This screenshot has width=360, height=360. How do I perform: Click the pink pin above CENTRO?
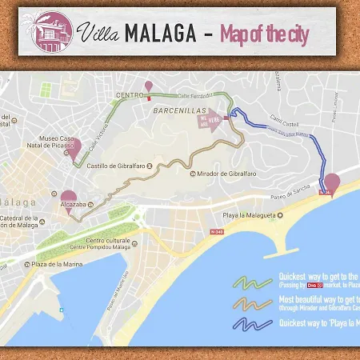147,86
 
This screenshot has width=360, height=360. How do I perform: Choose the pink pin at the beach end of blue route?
331,182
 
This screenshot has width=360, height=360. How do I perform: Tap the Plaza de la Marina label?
58,263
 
